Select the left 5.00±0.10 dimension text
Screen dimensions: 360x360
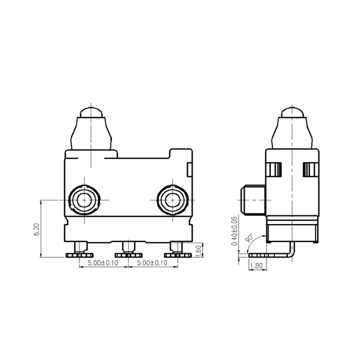pos(103,263)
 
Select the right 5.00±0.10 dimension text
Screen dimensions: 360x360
pos(152,263)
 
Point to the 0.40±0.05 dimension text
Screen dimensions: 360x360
pos(234,231)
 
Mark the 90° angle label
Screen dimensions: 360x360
pos(249,238)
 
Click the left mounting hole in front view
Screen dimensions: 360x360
pos(84,199)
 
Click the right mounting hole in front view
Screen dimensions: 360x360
pos(172,199)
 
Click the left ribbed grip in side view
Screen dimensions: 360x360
pos(274,170)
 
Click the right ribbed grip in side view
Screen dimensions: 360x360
pos(310,170)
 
